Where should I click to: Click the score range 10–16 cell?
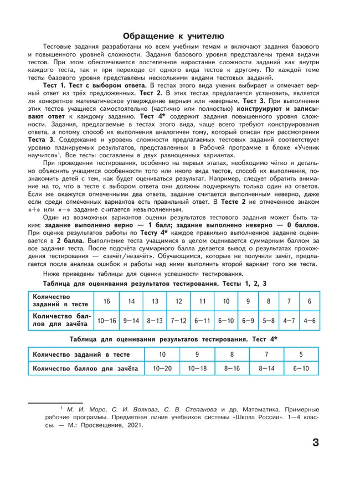click(107, 320)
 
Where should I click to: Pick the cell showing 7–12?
click(178, 320)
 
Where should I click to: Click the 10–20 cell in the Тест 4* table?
click(162, 368)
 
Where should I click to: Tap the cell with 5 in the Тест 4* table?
click(301, 353)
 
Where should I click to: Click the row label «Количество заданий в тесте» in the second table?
click(81, 353)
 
